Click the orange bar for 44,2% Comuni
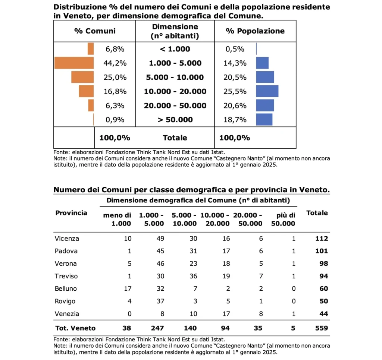point(74,63)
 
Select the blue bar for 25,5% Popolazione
point(267,91)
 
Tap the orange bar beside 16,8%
point(86,91)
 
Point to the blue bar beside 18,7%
point(264,120)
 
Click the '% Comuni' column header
point(95,31)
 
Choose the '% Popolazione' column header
point(255,31)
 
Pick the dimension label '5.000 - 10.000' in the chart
point(175,78)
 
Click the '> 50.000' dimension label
point(175,120)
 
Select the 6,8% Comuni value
point(114,49)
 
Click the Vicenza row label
point(67,239)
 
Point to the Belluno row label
point(66,289)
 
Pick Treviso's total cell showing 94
point(323,276)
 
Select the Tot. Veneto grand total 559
point(321,328)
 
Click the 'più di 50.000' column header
point(286,220)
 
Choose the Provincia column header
point(71,213)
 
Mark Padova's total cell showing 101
point(322,251)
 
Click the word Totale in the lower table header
point(317,213)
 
